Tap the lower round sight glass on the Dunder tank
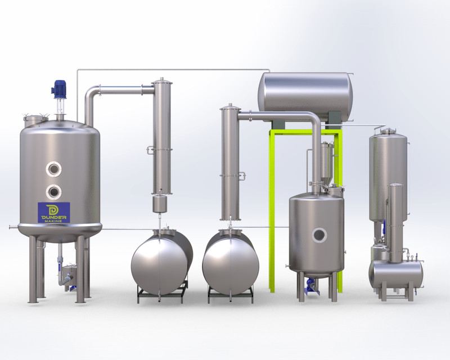[55, 191]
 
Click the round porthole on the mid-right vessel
[320, 233]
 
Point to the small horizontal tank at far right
[396, 272]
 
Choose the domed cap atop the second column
[229, 106]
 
